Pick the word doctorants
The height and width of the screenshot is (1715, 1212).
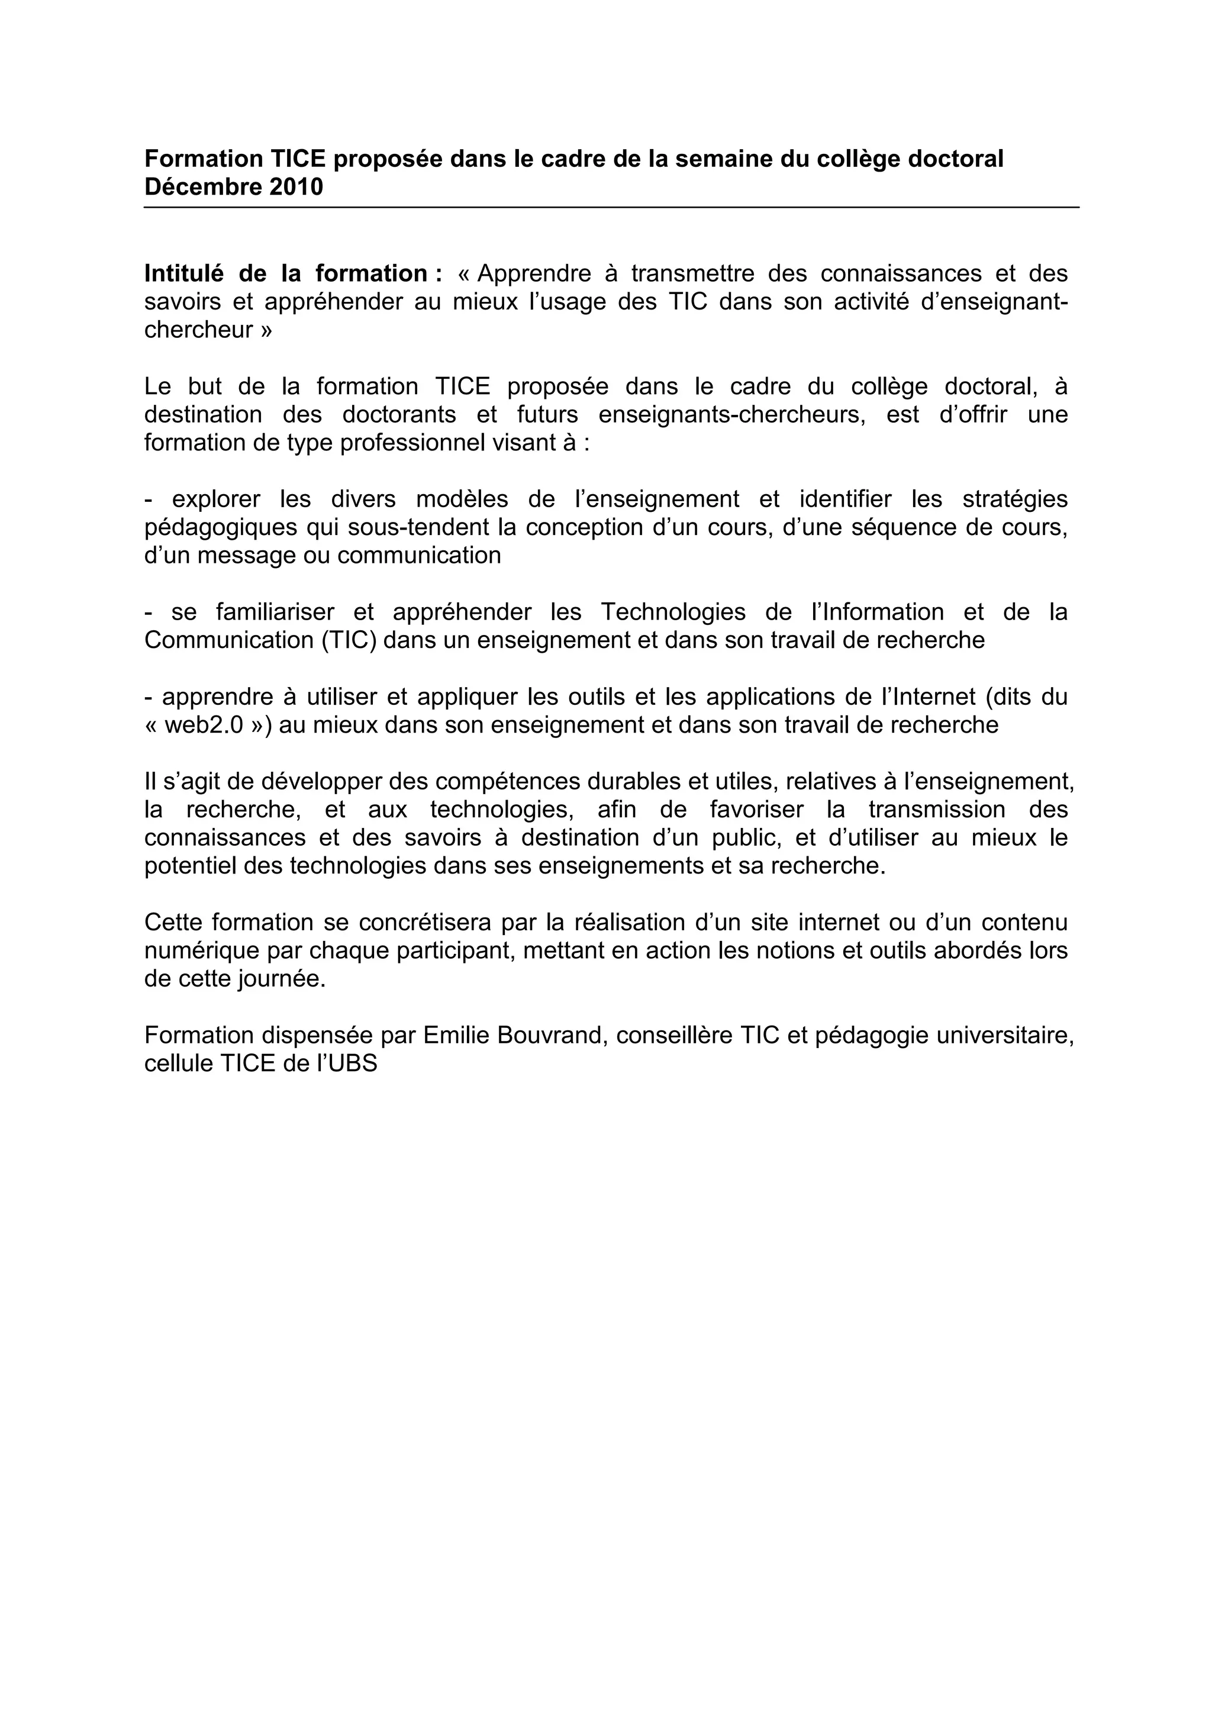(x=399, y=415)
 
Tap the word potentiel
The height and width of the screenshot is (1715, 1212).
(x=183, y=866)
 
